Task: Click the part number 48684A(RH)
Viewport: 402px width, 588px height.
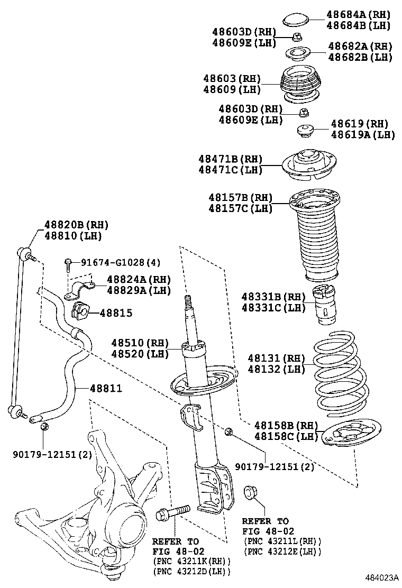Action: [358, 15]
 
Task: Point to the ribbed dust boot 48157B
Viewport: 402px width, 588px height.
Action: [315, 238]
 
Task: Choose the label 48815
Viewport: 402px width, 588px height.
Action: [115, 313]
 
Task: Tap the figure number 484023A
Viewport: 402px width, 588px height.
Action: [380, 577]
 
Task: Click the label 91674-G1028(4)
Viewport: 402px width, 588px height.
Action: [120, 262]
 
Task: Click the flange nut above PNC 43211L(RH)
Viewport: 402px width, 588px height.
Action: [249, 493]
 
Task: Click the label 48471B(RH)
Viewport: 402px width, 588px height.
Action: [231, 159]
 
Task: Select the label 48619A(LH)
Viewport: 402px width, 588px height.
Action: [363, 135]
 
